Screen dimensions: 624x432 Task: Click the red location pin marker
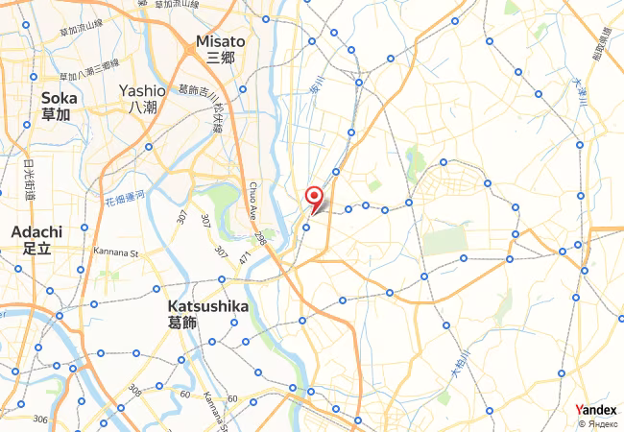(x=313, y=197)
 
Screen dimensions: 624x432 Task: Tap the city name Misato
(x=220, y=41)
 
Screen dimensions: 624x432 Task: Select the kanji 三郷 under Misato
(x=220, y=58)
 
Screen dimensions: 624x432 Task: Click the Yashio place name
(x=143, y=90)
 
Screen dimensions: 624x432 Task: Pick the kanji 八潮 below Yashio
(x=143, y=107)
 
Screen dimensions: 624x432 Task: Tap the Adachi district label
(x=36, y=231)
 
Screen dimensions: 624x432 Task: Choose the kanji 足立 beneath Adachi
(x=36, y=248)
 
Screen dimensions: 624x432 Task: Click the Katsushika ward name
(x=207, y=306)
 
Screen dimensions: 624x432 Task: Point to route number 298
(x=259, y=236)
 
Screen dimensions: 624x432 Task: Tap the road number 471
(x=245, y=258)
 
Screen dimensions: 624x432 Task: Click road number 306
(x=39, y=419)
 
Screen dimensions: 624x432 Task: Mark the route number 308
(x=133, y=390)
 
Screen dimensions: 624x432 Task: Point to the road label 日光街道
(x=30, y=180)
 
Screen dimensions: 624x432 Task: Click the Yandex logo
(x=595, y=410)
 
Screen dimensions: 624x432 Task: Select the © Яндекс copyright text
(x=598, y=422)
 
